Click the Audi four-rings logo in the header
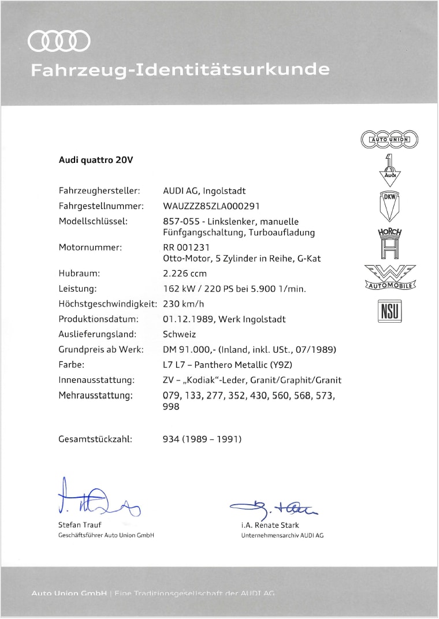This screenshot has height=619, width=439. point(59,41)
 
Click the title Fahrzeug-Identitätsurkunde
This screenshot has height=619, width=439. point(180,70)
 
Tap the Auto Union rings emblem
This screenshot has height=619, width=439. point(389,139)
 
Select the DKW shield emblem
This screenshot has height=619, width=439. point(389,205)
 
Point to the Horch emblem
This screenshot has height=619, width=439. point(389,243)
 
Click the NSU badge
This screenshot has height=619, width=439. point(389,311)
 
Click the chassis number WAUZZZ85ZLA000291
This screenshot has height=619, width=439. point(212,206)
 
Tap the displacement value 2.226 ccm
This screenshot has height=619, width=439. point(185,273)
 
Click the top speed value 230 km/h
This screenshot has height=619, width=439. point(184,304)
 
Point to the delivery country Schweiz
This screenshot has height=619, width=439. point(180,334)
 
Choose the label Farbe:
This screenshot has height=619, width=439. point(72,365)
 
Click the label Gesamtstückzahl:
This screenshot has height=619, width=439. point(95,439)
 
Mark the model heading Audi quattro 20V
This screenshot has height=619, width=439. point(96,160)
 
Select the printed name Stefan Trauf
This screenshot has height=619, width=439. point(80,525)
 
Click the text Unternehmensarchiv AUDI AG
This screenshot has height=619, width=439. point(282,535)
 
